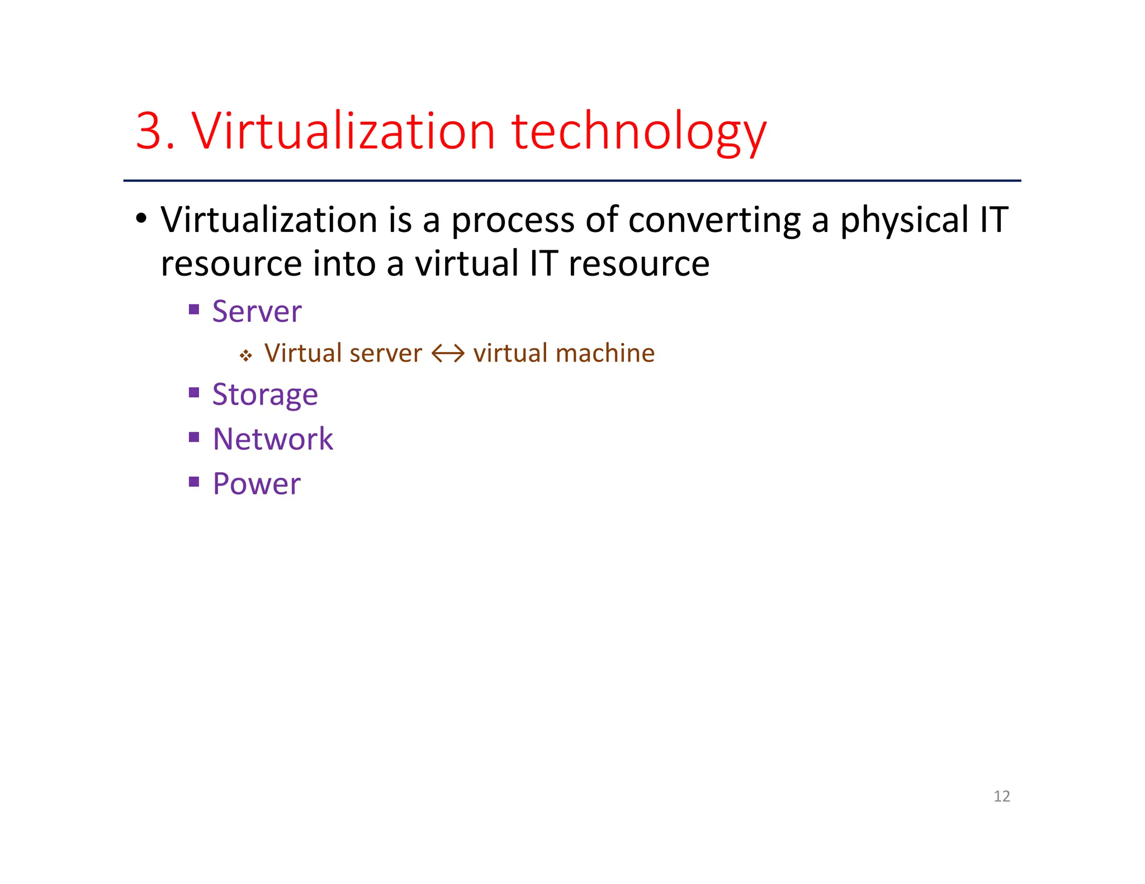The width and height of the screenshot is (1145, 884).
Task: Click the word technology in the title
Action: pos(638,133)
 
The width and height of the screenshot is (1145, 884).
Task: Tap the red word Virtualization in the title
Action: pos(343,131)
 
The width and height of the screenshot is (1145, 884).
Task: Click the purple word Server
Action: pos(257,312)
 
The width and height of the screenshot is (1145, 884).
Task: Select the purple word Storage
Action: pos(265,396)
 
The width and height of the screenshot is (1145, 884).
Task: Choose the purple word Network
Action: pos(273,439)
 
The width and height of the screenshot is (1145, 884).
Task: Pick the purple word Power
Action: pos(257,484)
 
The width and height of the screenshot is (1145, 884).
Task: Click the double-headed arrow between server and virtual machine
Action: pos(448,354)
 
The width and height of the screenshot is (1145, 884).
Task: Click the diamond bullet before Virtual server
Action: pos(245,355)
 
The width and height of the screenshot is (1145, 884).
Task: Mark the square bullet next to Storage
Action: pos(194,393)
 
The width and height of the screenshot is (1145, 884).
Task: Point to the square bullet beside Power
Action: pos(194,482)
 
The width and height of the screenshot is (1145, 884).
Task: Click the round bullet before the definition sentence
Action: pos(141,219)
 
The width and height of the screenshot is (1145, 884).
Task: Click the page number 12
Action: pos(1001,796)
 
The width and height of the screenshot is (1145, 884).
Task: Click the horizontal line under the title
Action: pos(572,180)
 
